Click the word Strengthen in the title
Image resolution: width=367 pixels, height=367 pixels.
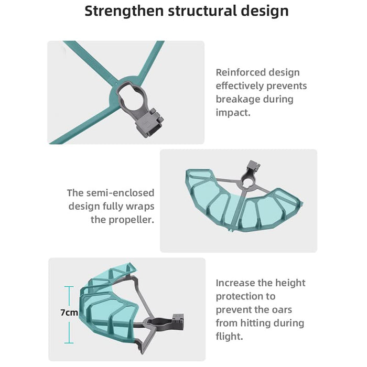[124, 11]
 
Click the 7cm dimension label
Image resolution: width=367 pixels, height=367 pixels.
[69, 312]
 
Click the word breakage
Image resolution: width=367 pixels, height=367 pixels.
[238, 99]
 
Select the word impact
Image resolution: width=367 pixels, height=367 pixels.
[233, 113]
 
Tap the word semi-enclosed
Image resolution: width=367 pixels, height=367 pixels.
[120, 193]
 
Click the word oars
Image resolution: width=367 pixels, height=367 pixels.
[282, 310]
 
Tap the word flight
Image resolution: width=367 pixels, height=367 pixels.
[230, 337]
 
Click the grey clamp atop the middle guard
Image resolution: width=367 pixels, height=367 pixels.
[253, 166]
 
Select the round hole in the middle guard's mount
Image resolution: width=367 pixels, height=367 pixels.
[247, 183]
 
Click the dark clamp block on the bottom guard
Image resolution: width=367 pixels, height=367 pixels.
[178, 322]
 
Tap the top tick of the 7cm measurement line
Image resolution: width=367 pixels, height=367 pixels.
[69, 286]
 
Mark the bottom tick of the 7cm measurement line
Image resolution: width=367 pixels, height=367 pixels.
[69, 343]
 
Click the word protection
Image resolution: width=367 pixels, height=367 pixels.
[245, 297]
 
